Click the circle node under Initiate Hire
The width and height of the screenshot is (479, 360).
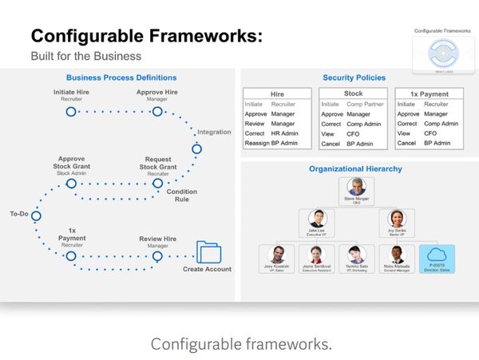71,112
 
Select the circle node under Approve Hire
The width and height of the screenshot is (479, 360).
157,112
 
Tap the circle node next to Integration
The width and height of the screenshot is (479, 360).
197,148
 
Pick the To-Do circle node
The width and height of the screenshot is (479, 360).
36,216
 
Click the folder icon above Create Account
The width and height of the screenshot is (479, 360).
208,252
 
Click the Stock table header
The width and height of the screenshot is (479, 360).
353,93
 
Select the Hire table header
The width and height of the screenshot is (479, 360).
277,93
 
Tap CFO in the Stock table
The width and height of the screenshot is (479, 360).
354,133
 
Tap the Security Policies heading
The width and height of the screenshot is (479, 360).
354,77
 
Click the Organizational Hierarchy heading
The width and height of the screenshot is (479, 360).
355,169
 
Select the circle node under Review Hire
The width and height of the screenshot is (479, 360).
157,256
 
